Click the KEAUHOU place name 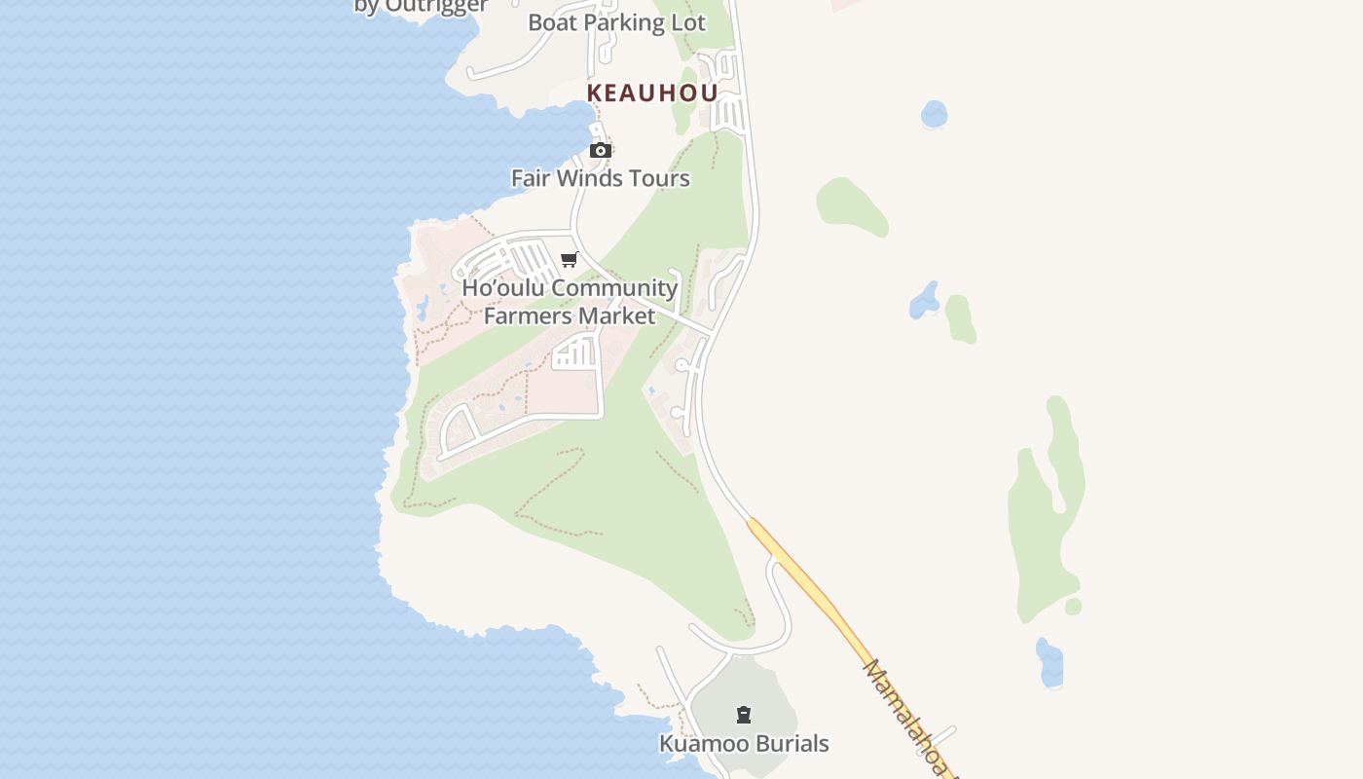click(652, 93)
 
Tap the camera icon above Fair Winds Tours click(601, 150)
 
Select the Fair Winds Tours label click(601, 178)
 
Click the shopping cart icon click(570, 259)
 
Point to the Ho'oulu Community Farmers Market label click(570, 302)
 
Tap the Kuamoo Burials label click(744, 744)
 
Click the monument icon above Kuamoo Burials click(744, 716)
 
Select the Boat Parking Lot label click(616, 22)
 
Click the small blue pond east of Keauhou click(934, 114)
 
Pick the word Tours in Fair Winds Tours click(659, 178)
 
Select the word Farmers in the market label click(526, 316)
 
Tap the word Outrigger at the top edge click(435, 7)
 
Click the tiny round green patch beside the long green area click(1073, 607)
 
